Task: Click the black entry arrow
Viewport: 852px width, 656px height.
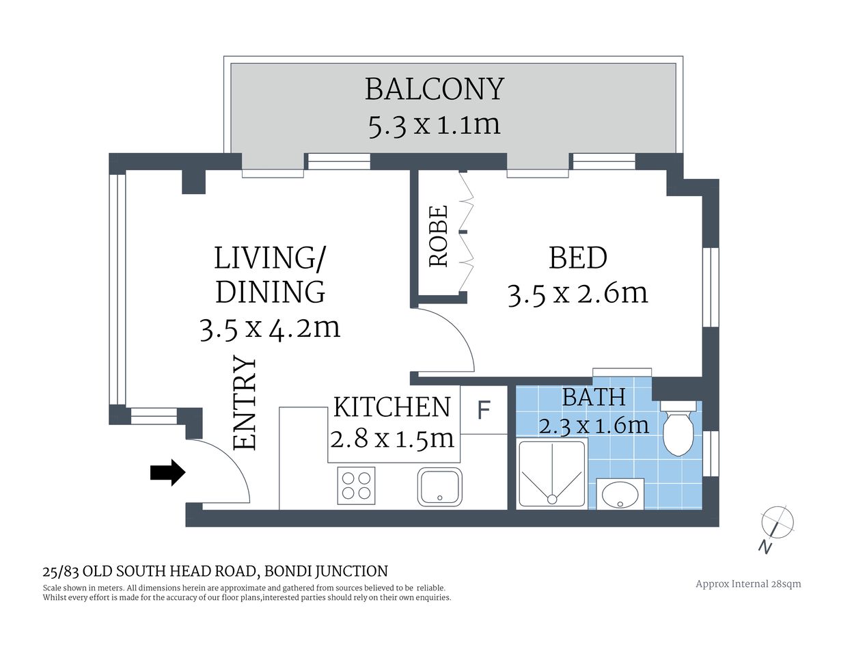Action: coord(167,471)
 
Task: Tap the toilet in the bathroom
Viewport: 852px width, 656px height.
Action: coord(678,431)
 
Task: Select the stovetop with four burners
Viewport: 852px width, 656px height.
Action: coord(356,485)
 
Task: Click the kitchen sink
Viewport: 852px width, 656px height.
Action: coord(439,487)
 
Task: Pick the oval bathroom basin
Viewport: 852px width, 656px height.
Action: coord(620,493)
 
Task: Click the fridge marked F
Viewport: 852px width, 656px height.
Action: coord(484,410)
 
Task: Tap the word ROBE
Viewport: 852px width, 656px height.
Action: coord(439,236)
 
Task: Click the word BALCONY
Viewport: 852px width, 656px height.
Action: coord(434,89)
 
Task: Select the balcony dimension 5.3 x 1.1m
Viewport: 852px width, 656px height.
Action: coord(434,125)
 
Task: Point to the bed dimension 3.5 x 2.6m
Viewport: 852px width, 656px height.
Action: coord(577,293)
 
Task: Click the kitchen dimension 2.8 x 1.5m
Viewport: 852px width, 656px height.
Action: coord(391,437)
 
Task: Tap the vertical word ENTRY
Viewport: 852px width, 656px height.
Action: coord(245,403)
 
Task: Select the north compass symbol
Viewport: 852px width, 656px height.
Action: coord(777,523)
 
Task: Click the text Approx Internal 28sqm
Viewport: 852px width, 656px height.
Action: coord(747,584)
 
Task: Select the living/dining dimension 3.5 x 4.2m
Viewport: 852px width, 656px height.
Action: coord(270,329)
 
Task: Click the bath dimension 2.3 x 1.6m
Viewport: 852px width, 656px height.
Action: coord(593,425)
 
